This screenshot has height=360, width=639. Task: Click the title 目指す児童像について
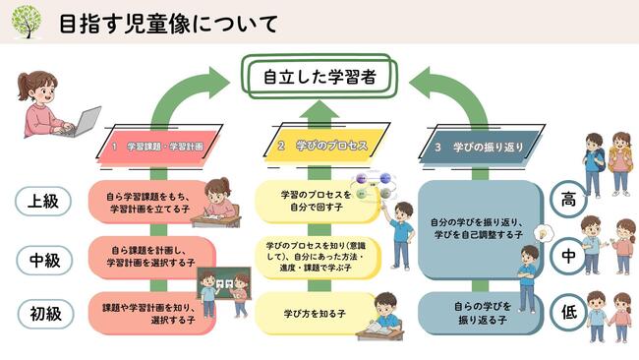point(168,24)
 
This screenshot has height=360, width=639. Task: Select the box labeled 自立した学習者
point(319,77)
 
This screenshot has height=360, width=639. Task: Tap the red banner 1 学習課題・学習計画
point(158,146)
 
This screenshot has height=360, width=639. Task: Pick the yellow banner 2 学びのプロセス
point(326,146)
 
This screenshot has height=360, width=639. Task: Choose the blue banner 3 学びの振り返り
point(482,147)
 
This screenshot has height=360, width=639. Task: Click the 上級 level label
point(43,201)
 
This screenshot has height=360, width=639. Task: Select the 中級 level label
point(44,260)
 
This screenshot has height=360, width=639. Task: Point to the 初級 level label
point(45,314)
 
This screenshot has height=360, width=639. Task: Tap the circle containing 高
point(568,200)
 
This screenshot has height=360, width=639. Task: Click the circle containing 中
point(568,256)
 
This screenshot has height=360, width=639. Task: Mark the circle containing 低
point(569,312)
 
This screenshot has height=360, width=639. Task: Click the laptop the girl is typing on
point(83,122)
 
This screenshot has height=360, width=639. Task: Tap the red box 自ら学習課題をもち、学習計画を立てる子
point(150,203)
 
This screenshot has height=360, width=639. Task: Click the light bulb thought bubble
point(544,234)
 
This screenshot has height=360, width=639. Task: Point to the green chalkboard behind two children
point(223,283)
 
